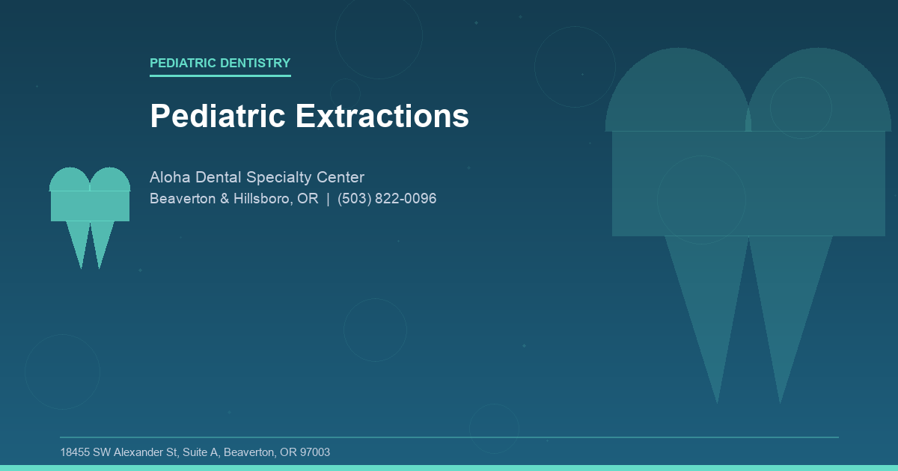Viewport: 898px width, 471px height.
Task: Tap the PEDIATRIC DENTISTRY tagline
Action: coord(220,63)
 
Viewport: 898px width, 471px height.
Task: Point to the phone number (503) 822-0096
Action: coord(387,199)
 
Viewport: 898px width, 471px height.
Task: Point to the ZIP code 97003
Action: coord(315,452)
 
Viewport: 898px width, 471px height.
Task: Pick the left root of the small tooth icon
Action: coord(79,239)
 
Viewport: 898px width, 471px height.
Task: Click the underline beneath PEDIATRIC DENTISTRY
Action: coord(220,76)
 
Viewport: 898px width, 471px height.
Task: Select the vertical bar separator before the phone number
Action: coord(328,199)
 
